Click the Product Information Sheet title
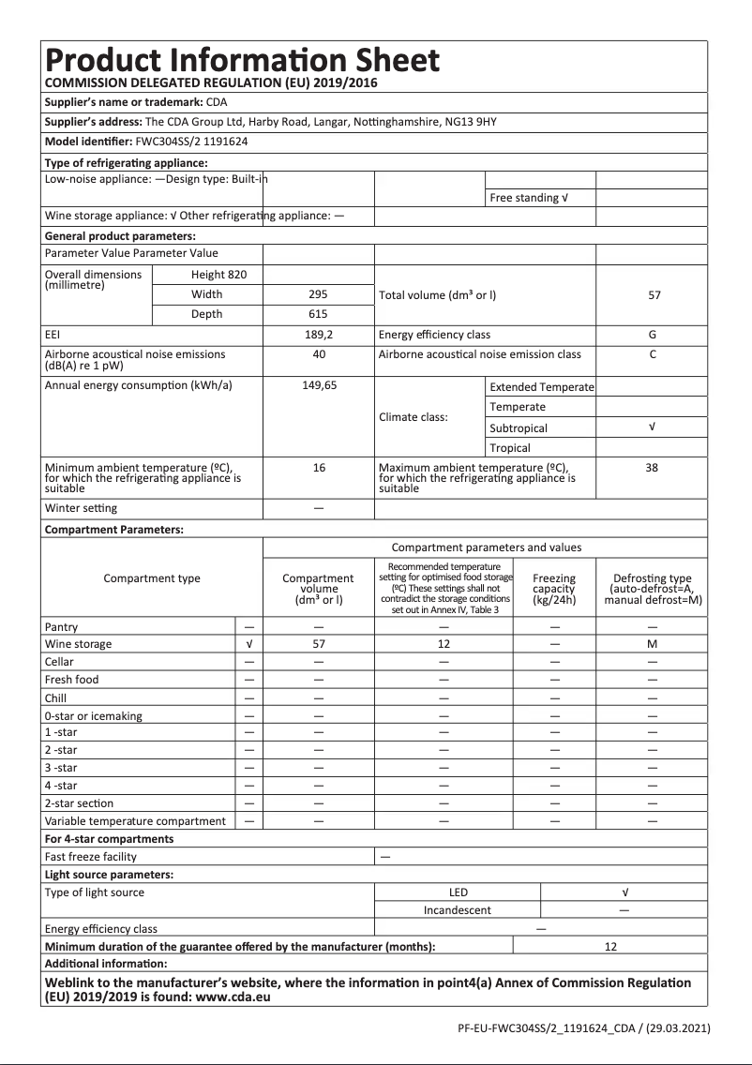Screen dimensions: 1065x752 click(242, 61)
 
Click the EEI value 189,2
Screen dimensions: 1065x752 click(319, 335)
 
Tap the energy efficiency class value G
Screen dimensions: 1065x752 click(652, 335)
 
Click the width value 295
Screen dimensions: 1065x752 click(319, 294)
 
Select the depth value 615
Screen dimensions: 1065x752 click(319, 314)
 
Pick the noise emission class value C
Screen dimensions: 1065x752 click(652, 354)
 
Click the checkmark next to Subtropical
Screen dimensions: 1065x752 click(652, 427)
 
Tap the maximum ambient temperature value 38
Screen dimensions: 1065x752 click(652, 467)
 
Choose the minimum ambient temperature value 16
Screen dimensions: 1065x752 click(319, 467)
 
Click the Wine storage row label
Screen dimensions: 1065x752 click(78, 644)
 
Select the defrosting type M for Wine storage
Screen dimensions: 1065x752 click(652, 644)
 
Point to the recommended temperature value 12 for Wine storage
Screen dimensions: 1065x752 click(444, 644)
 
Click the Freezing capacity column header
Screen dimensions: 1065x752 click(554, 589)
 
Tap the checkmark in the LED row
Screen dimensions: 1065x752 click(624, 892)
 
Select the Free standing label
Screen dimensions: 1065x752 click(529, 198)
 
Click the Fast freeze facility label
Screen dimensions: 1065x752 click(91, 857)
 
